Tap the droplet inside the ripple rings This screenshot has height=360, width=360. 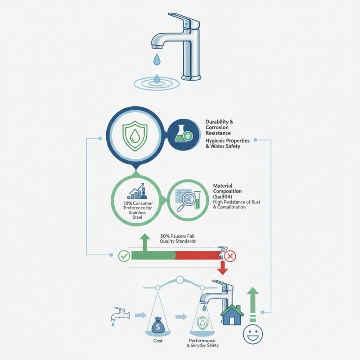[x=157, y=80]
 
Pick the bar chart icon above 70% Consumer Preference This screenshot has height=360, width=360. [x=138, y=191]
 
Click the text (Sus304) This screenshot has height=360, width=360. [x=223, y=197]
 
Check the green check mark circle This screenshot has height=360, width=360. [x=123, y=256]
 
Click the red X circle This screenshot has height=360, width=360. [x=230, y=256]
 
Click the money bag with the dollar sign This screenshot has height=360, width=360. [x=158, y=325]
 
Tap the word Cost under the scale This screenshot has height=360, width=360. [x=157, y=341]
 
